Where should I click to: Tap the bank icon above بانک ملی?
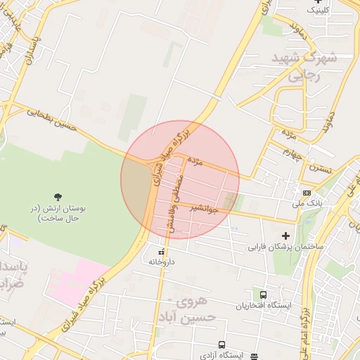click(x=307, y=193)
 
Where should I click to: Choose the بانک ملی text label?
click(x=307, y=204)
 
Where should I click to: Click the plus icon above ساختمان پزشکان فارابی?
click(x=285, y=236)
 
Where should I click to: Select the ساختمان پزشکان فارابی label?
click(x=285, y=247)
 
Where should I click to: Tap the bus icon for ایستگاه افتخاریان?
click(x=262, y=295)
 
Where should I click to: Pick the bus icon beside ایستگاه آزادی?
click(x=221, y=345)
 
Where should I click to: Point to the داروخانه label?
click(x=161, y=262)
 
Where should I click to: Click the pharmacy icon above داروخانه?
click(x=161, y=251)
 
